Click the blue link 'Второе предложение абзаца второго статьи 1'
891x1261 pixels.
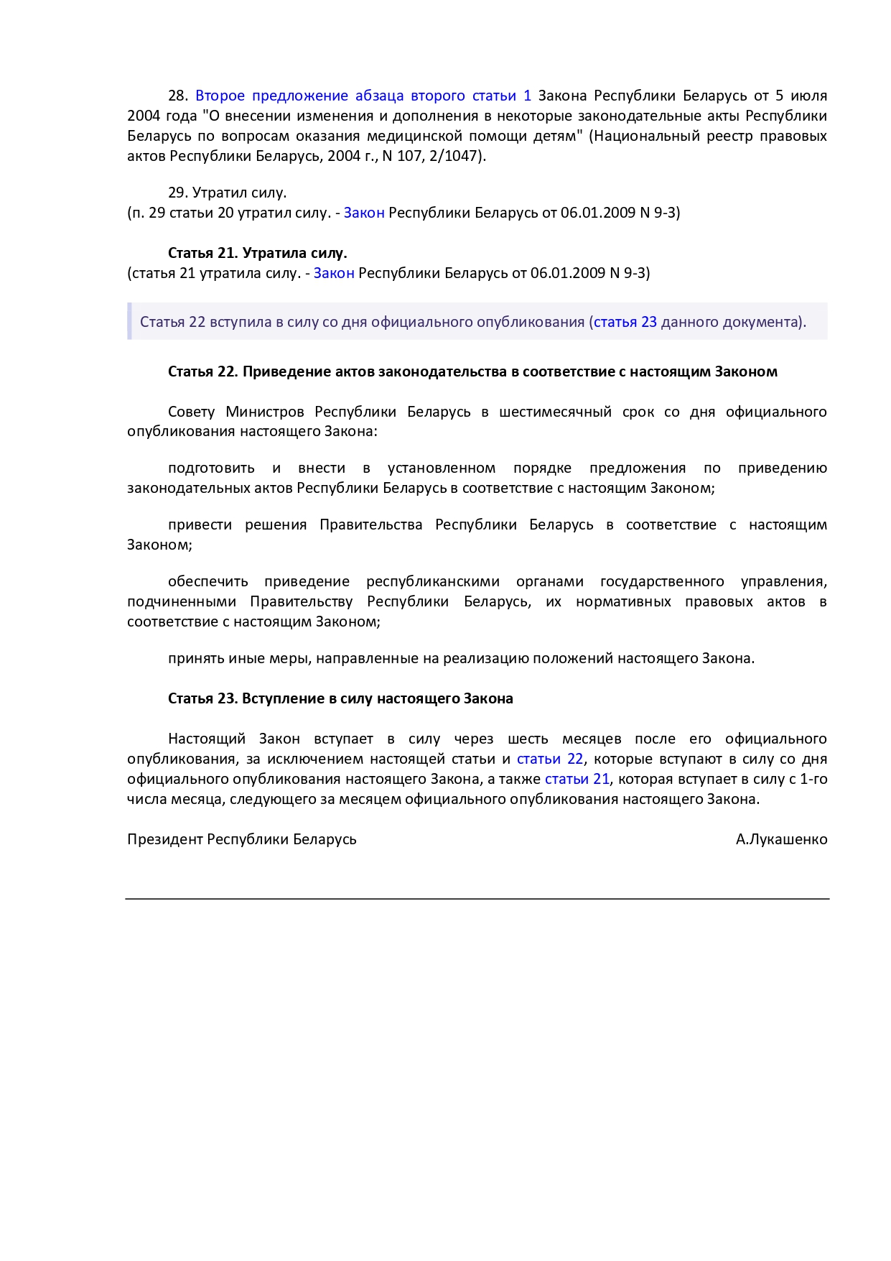click(x=363, y=96)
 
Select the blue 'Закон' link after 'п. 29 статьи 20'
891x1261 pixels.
click(x=364, y=213)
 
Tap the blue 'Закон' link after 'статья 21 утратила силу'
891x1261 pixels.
click(x=334, y=273)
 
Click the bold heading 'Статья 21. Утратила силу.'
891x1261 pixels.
click(x=257, y=253)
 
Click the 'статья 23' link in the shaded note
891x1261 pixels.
click(x=625, y=322)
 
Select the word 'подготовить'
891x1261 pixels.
click(x=211, y=468)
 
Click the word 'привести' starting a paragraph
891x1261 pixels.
click(x=200, y=525)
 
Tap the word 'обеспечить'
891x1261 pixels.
click(x=207, y=582)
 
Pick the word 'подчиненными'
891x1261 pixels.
click(x=182, y=602)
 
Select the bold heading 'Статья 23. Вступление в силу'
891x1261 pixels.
click(x=340, y=698)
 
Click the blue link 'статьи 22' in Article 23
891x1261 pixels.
click(x=550, y=759)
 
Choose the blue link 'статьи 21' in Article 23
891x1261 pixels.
click(x=577, y=780)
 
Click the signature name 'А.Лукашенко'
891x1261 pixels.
click(x=781, y=839)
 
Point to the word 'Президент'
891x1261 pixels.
click(x=165, y=839)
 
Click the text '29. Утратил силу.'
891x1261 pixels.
click(x=227, y=193)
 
